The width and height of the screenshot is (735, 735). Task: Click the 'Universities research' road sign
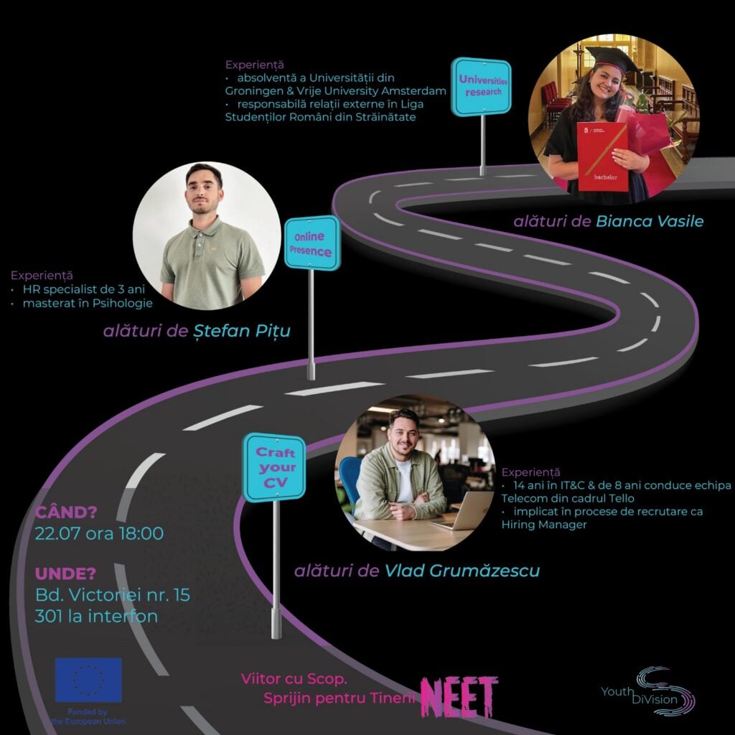click(481, 87)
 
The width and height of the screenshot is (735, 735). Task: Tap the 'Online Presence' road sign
click(312, 243)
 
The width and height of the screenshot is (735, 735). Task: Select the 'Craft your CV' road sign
click(275, 467)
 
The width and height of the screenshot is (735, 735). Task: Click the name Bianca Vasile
click(649, 221)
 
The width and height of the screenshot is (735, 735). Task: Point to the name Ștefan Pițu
click(242, 331)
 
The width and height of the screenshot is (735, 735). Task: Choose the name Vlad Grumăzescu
click(462, 571)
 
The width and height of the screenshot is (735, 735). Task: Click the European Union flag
click(88, 680)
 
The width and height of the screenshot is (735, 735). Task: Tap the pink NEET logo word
click(459, 696)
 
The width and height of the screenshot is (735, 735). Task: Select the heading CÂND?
click(66, 512)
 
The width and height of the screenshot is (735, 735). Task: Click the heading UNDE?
click(65, 574)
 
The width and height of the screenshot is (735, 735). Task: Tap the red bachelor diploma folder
click(602, 156)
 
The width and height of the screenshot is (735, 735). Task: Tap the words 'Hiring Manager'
click(544, 525)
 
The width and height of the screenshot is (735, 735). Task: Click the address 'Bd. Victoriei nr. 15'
click(113, 595)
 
